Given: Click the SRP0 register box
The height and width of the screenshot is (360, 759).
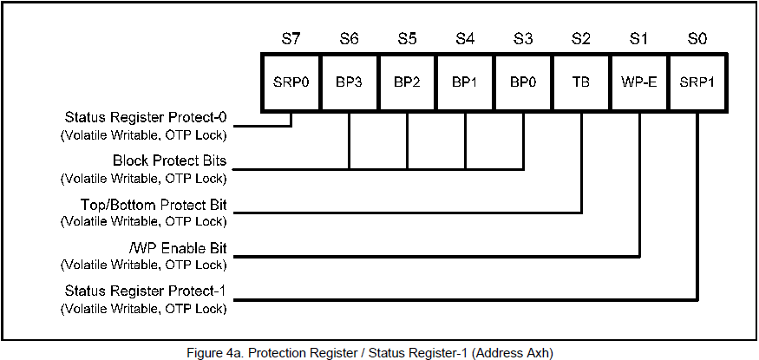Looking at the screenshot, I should coord(291,83).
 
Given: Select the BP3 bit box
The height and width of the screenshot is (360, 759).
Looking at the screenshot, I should coord(349,83).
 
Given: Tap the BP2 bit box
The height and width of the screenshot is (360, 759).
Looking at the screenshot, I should coord(407,83).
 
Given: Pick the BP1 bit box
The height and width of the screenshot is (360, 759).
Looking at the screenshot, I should coord(465,83).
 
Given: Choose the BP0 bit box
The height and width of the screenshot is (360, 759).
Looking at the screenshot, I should coord(523,83).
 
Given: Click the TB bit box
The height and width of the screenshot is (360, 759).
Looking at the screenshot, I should coord(581,83).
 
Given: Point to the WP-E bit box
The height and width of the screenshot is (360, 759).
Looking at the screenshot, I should coord(639,83).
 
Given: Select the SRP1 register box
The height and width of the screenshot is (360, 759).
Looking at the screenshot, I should coord(697,83).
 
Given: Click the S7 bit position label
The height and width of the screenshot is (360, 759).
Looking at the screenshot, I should coord(291,39).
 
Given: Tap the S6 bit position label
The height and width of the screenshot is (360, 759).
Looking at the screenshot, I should coord(349,39).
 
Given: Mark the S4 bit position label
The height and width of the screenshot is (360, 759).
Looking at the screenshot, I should coord(465,39).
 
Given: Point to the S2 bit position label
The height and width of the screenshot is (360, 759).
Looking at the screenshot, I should coord(581,39).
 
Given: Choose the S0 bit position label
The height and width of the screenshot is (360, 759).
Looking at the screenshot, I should coord(697,39).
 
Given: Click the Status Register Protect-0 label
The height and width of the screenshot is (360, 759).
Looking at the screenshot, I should coord(146,117).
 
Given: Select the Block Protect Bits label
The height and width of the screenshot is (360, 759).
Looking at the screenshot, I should coord(170,160).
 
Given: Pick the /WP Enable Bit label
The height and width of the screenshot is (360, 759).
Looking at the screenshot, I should coord(176,248).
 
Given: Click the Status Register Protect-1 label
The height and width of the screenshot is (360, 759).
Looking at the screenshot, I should coord(146,291).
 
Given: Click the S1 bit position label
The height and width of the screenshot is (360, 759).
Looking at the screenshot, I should coord(639,39).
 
